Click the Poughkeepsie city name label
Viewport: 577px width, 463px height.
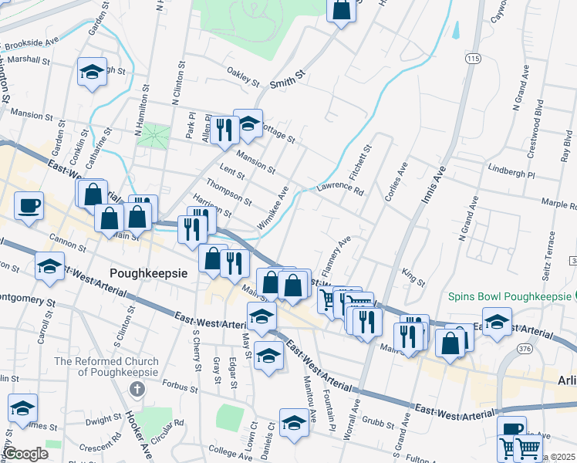click(149, 272)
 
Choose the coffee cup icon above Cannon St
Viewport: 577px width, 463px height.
click(29, 206)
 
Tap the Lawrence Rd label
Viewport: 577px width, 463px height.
click(339, 186)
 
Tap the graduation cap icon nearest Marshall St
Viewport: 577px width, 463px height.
click(92, 72)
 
